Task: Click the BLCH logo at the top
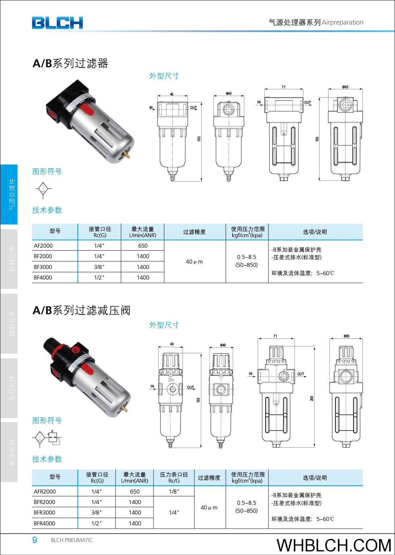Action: pyautogui.click(x=57, y=23)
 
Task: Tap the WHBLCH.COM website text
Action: pyautogui.click(x=334, y=545)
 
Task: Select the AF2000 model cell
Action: pyautogui.click(x=43, y=246)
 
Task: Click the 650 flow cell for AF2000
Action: pyautogui.click(x=143, y=246)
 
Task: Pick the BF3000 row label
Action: pyautogui.click(x=43, y=267)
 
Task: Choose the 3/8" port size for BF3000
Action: pyautogui.click(x=99, y=267)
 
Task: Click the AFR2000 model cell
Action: pyautogui.click(x=44, y=491)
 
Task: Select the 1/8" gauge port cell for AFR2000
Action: pyautogui.click(x=174, y=491)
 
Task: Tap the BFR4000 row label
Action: pyautogui.click(x=44, y=523)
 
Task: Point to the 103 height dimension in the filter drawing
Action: pyautogui.click(x=199, y=139)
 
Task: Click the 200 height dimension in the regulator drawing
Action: pyautogui.click(x=312, y=398)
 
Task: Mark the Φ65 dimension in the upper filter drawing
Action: pyautogui.click(x=345, y=87)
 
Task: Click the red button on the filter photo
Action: pyautogui.click(x=87, y=109)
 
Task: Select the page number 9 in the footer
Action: pyautogui.click(x=35, y=540)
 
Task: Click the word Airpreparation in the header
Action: pyautogui.click(x=343, y=22)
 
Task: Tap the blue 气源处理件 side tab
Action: pyautogui.click(x=9, y=195)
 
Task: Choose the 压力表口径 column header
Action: pyautogui.click(x=174, y=474)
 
